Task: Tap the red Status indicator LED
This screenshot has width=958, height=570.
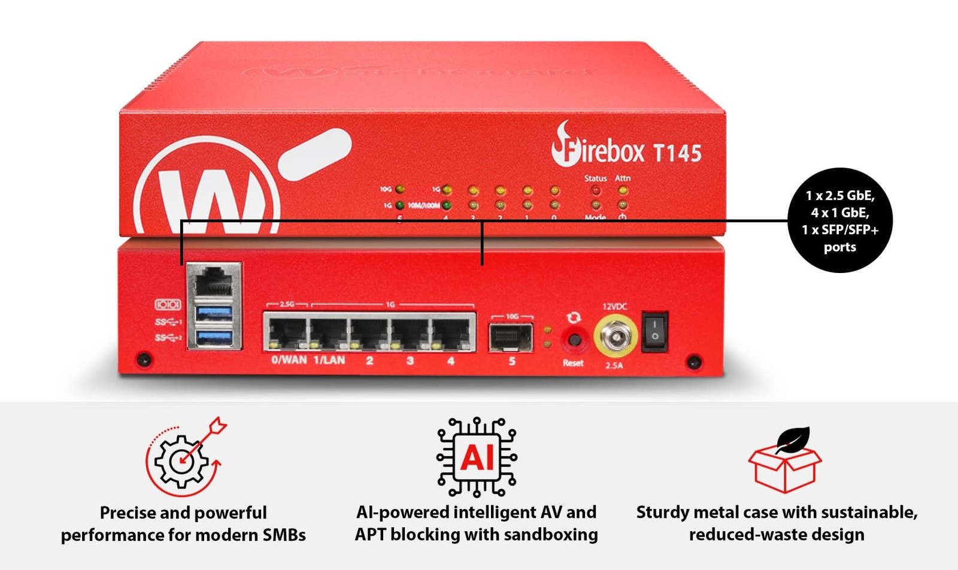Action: click(596, 191)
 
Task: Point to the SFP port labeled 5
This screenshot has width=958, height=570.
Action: click(511, 337)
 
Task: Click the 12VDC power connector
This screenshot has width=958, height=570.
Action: click(615, 337)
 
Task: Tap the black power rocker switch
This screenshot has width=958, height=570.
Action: click(654, 331)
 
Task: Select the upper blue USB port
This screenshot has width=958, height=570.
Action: click(214, 313)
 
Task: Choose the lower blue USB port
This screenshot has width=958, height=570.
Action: click(214, 337)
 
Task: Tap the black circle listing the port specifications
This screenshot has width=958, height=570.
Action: click(839, 220)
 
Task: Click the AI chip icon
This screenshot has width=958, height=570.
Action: click(477, 457)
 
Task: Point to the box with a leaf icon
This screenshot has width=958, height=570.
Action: click(784, 461)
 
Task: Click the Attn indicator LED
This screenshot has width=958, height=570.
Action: click(623, 191)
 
